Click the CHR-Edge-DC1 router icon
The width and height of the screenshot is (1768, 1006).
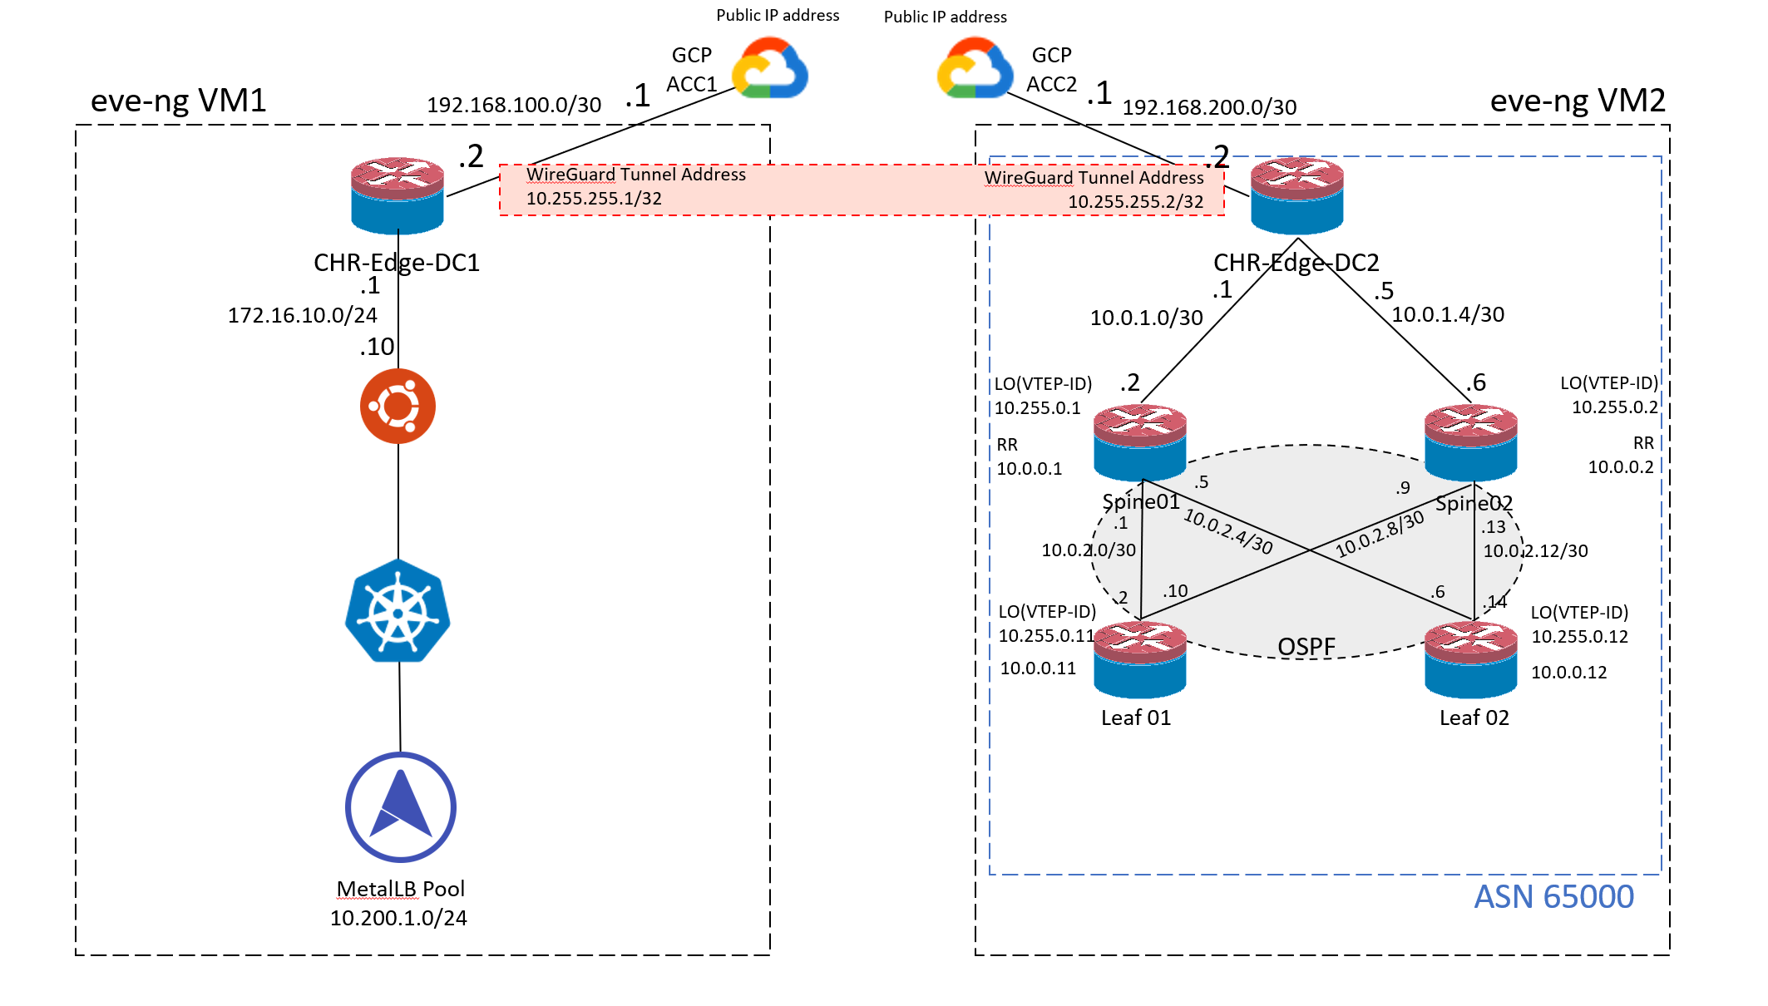[398, 195]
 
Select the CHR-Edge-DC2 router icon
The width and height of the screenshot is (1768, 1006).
[1296, 196]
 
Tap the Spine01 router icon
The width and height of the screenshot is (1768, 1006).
[1139, 443]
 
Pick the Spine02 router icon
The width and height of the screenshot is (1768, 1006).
[1470, 443]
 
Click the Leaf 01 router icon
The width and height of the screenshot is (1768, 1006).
[1139, 660]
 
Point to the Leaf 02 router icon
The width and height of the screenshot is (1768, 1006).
[1470, 660]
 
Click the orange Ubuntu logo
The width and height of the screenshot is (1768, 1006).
[398, 406]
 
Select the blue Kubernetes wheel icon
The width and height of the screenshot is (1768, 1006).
[398, 611]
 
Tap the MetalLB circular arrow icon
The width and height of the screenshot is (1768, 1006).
[400, 806]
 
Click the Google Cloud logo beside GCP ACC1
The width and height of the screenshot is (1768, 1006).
[770, 68]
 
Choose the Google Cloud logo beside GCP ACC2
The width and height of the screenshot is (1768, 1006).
[975, 68]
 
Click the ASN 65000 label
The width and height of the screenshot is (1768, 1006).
[1553, 897]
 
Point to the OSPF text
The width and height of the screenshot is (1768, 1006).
[1306, 647]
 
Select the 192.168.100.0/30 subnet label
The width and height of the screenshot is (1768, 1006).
[514, 106]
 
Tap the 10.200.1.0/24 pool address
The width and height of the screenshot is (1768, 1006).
[398, 918]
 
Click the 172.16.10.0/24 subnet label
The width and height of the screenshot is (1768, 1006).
[303, 316]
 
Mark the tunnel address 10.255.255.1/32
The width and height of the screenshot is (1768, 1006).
[594, 199]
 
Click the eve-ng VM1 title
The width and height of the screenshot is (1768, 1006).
[178, 101]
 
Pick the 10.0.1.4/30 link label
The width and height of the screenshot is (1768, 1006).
[1448, 315]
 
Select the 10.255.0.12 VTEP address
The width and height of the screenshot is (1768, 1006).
[1579, 637]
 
